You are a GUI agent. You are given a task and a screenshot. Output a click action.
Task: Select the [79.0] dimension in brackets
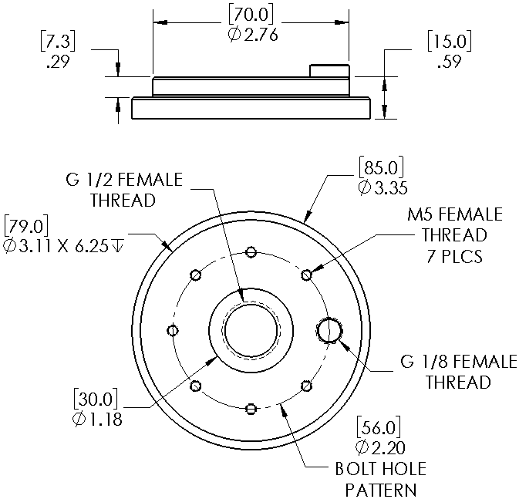coord(26,226)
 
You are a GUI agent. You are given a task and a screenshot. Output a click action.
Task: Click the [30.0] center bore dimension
coord(96,400)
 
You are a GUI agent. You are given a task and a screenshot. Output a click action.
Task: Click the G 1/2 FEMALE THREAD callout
coord(123,190)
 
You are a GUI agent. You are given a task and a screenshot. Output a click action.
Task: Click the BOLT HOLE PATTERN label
coord(380,479)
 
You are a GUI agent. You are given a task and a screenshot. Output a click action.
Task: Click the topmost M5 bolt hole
coord(251,251)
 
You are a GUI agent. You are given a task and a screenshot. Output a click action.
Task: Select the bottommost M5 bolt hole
coord(251,408)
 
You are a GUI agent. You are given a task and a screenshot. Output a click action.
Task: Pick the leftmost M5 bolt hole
coord(172,330)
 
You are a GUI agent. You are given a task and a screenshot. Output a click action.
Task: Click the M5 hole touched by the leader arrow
coord(306,274)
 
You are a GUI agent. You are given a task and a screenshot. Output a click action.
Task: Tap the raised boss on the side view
coord(329,71)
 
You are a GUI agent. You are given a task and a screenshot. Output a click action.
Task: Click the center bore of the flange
coord(251,330)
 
